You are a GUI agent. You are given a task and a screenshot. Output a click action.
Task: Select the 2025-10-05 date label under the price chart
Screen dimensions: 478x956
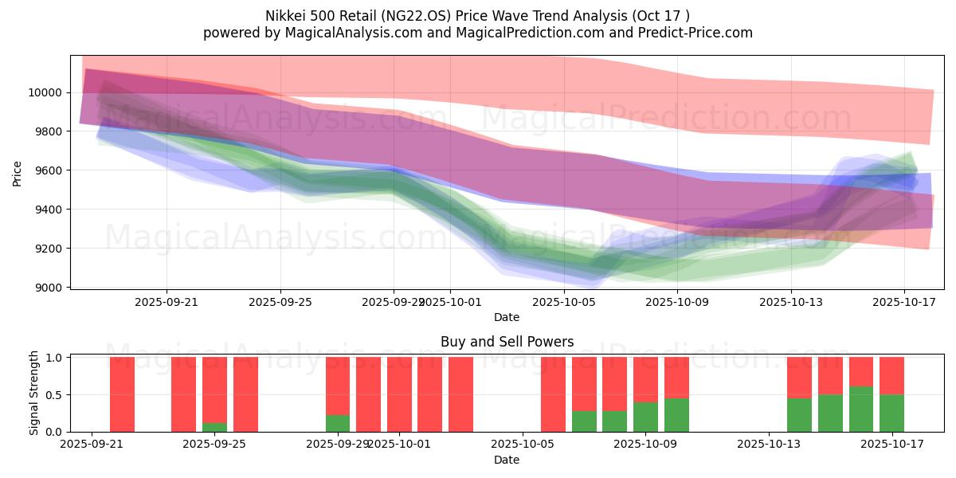(x=563, y=303)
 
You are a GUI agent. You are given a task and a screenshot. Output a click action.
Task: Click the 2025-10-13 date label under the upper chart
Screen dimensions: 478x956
(x=790, y=303)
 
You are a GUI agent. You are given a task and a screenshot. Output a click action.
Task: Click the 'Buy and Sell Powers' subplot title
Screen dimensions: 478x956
(x=507, y=342)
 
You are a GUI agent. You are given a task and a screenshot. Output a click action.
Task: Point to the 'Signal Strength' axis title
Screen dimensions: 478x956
(x=33, y=394)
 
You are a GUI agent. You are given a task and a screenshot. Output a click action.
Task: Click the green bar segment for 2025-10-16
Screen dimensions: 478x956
(x=860, y=409)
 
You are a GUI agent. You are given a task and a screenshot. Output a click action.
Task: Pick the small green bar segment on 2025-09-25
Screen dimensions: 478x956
(x=214, y=427)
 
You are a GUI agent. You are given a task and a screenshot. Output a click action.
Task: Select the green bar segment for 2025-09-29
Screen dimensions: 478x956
(x=338, y=423)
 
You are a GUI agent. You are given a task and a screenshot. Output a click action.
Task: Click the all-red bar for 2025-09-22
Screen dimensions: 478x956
(x=122, y=394)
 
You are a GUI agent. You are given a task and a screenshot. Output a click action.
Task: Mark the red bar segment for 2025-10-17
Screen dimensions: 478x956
(x=891, y=375)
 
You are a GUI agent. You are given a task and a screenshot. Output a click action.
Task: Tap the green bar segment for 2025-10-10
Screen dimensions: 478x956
(x=676, y=415)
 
